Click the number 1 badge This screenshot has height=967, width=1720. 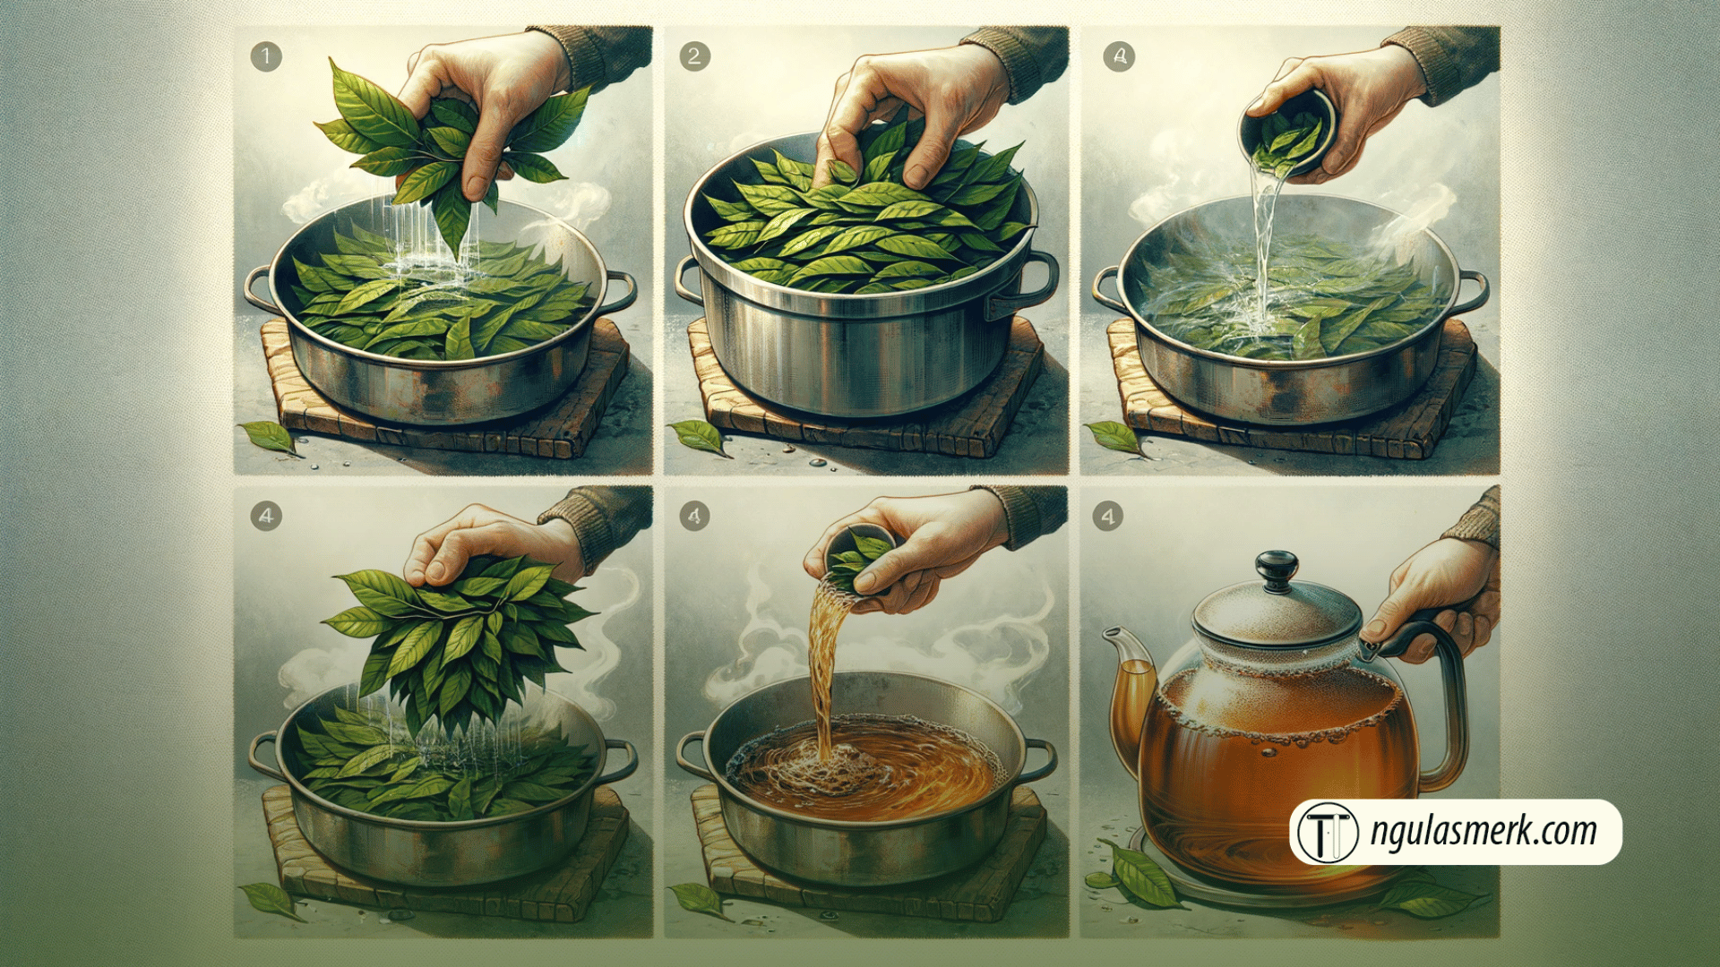coord(266,57)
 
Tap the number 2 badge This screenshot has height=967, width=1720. coord(694,57)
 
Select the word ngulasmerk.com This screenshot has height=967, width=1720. coord(1483,831)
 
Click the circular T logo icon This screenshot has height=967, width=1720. coord(1328,833)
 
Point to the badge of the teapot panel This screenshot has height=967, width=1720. coord(1108,516)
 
